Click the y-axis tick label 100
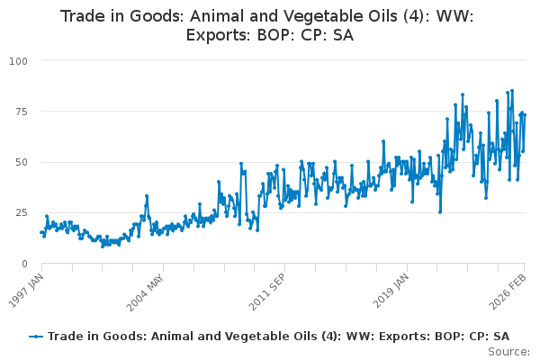coord(18,60)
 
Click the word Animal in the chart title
coord(228,16)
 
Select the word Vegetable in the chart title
coord(341,16)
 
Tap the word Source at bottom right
coord(508,351)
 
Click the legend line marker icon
coord(36,336)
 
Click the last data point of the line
coord(524,114)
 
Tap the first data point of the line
coord(41,232)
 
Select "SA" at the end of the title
coord(342,36)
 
